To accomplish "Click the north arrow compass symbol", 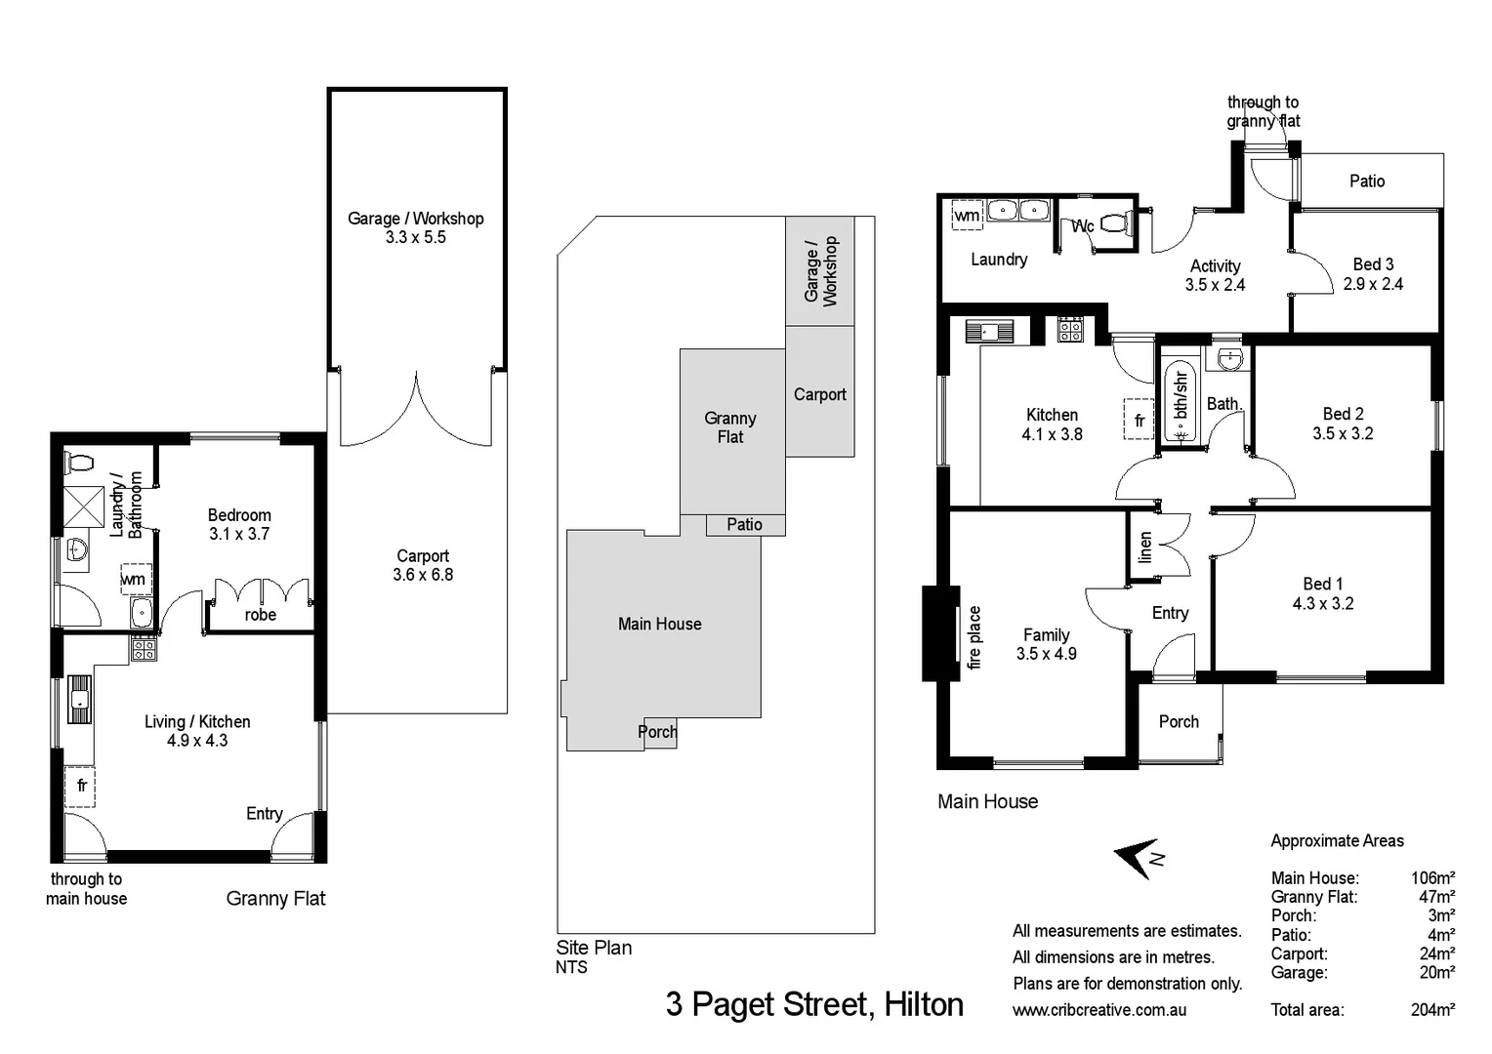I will [1138, 858].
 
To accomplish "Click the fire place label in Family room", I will [974, 637].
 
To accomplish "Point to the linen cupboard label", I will [1145, 547].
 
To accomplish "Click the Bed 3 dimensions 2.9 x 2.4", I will [1373, 284].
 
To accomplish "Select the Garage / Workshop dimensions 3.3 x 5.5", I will [415, 237].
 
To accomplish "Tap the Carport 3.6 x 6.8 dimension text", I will [423, 575].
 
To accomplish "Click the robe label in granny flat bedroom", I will [261, 615].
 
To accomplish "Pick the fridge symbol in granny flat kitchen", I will [81, 786].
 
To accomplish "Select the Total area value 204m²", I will [1432, 1010].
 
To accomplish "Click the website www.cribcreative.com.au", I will [1099, 1010].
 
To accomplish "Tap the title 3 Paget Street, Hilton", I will [814, 1004].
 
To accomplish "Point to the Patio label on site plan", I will [744, 525].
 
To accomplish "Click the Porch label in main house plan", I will [1179, 722].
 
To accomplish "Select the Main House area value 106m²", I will [1432, 878].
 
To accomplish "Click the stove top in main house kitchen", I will [1070, 330].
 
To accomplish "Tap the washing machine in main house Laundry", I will [967, 215].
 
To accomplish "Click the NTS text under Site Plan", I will [571, 967].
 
